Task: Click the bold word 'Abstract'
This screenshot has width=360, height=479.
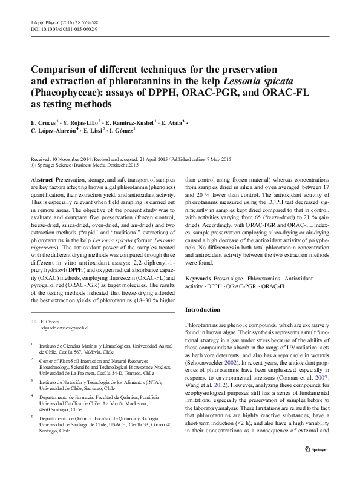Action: point(41,180)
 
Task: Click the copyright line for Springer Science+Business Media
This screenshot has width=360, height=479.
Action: point(84,165)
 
